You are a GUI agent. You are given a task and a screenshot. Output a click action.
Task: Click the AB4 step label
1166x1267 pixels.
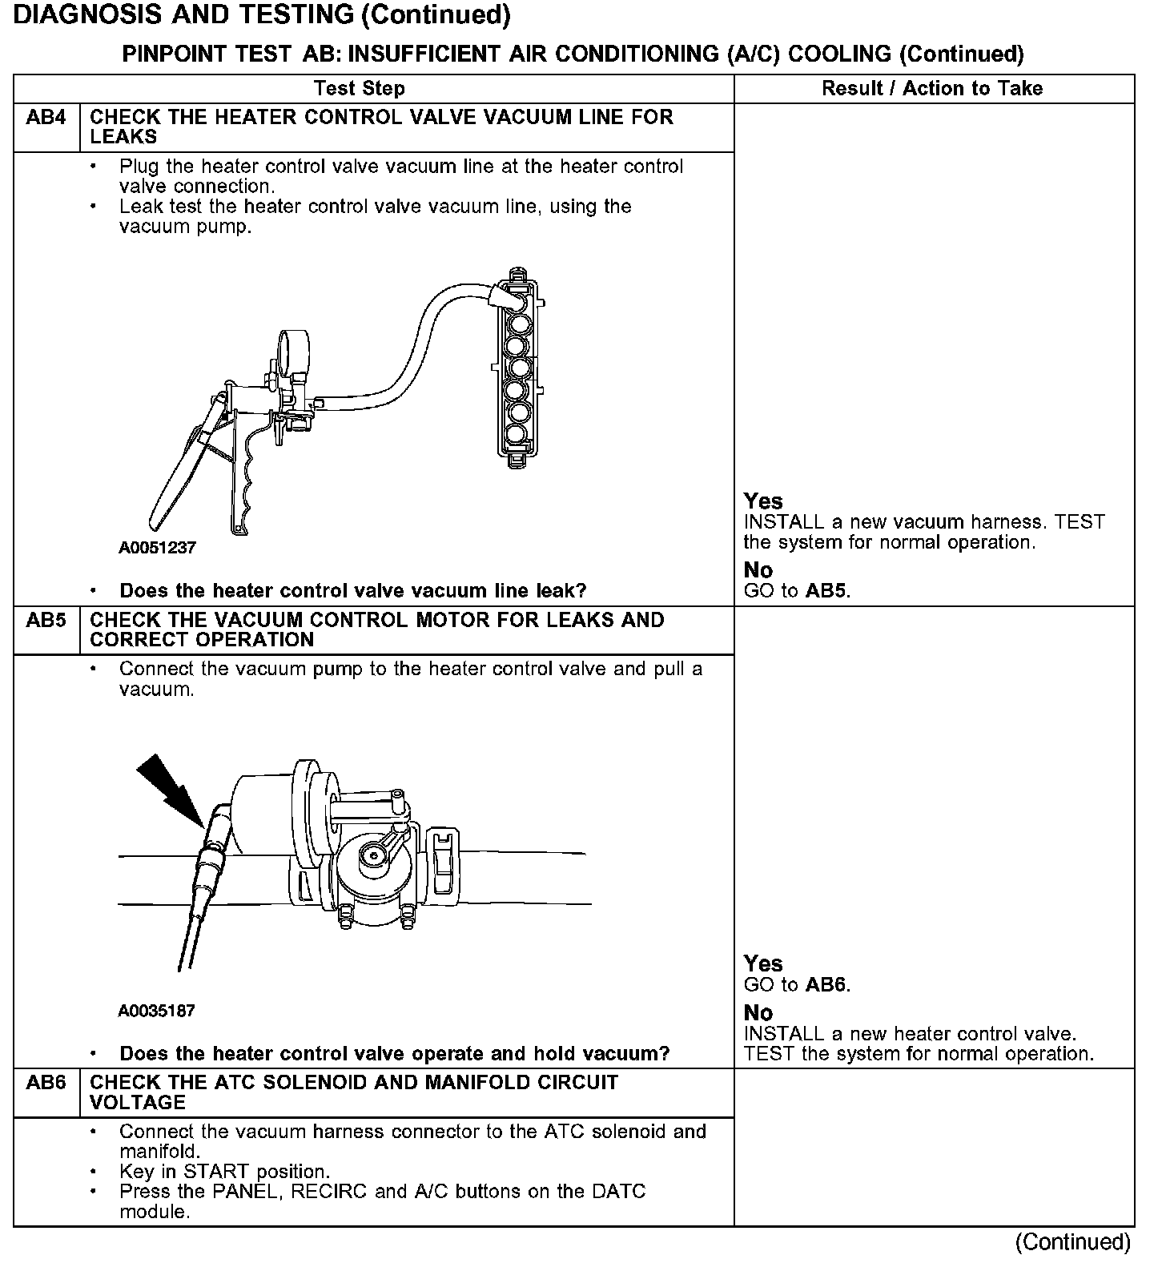46,118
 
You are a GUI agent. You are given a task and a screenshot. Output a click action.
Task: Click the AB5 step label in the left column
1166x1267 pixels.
46,620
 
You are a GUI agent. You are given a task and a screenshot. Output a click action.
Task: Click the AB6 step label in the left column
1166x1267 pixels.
46,1083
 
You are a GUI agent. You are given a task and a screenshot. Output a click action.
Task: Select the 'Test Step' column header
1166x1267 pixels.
360,88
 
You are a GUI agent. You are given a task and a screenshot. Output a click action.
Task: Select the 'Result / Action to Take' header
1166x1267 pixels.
932,88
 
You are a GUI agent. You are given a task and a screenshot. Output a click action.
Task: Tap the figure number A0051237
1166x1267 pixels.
157,548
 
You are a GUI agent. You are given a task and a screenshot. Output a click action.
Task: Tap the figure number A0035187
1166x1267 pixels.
157,1011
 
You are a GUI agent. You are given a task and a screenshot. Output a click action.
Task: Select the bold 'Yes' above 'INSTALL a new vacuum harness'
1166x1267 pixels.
762,501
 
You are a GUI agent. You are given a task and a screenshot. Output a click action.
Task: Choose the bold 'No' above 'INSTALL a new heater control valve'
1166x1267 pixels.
758,1012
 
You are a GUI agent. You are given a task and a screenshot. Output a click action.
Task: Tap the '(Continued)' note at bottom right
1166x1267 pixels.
1072,1242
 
